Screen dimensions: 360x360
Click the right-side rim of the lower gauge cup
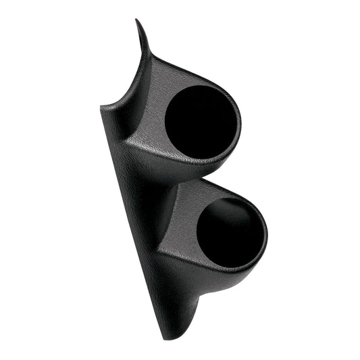[266, 233]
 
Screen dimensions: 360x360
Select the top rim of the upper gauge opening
[196, 86]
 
